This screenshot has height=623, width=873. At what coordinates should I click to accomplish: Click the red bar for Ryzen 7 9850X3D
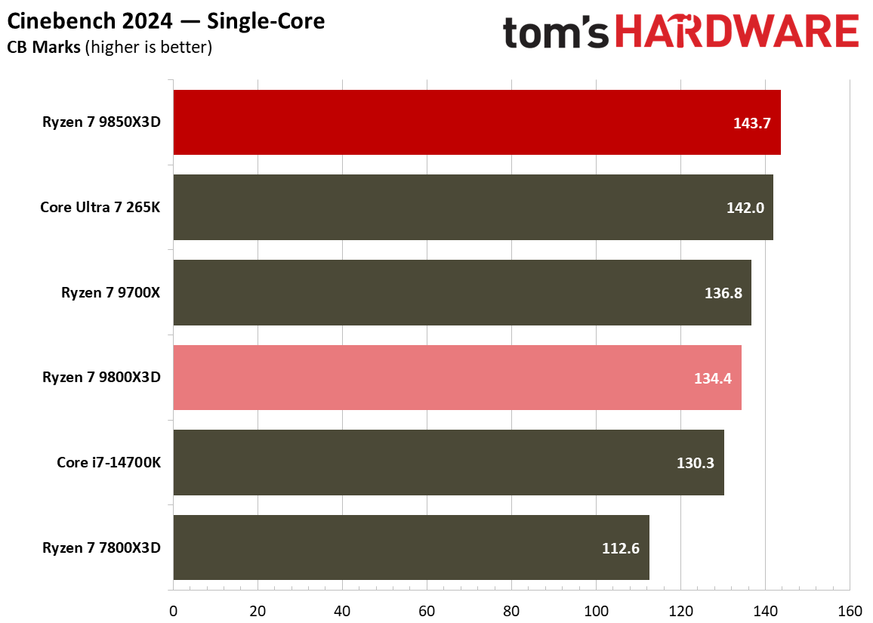[x=453, y=122]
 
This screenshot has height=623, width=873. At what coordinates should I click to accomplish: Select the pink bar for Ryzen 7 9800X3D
[x=430, y=378]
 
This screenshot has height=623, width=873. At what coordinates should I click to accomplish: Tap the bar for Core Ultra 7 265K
[x=453, y=207]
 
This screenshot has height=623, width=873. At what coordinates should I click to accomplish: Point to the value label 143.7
[x=751, y=123]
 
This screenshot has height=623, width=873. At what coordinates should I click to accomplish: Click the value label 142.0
[x=745, y=208]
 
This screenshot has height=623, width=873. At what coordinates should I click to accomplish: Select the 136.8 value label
[x=723, y=293]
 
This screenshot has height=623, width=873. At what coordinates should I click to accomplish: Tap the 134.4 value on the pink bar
[x=713, y=378]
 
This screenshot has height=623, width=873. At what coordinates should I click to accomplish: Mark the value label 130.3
[x=696, y=463]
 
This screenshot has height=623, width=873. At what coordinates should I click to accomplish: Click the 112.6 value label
[x=621, y=548]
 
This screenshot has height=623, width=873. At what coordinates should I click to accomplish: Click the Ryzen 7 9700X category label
[x=111, y=292]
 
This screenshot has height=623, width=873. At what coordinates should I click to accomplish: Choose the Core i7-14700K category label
[x=109, y=462]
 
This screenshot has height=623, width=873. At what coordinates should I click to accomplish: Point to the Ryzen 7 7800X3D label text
[x=102, y=547]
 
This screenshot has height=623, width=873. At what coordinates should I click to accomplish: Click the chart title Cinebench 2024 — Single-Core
[x=166, y=21]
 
